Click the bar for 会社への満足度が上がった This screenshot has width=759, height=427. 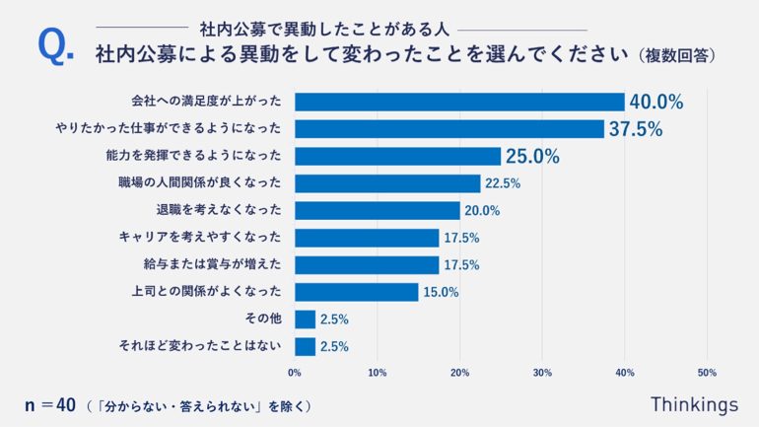[459, 102]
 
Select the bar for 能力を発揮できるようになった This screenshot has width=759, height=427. [397, 156]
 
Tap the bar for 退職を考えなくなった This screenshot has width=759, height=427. [378, 210]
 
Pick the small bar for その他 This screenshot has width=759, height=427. [305, 319]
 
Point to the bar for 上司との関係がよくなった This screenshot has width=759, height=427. [357, 292]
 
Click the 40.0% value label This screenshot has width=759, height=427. [656, 102]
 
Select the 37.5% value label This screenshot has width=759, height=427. [636, 129]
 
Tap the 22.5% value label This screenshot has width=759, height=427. [503, 183]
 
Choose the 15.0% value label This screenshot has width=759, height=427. [441, 292]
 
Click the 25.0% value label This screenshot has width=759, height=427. [532, 156]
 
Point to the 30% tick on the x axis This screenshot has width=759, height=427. [541, 373]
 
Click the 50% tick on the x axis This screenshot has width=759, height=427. [706, 373]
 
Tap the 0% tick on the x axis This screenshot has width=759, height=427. [295, 373]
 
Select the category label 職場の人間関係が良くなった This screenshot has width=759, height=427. [200, 183]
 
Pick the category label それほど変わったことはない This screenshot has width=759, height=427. [200, 346]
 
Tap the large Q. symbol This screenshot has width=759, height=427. [55, 47]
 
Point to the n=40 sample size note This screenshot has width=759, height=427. [49, 404]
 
